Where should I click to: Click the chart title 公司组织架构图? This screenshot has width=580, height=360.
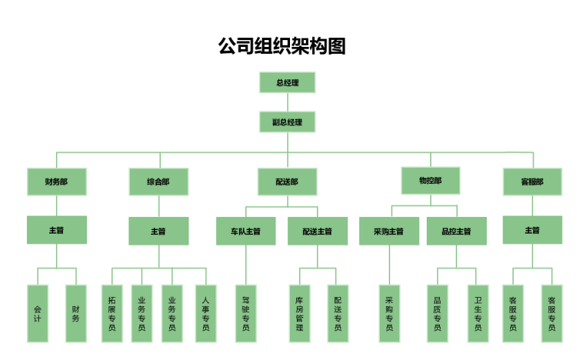point(282,46)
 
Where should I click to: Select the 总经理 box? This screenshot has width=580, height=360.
point(287,82)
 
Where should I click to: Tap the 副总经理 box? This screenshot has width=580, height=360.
point(287,122)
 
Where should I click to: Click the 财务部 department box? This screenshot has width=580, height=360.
point(57,182)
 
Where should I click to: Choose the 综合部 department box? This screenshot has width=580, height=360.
point(158,182)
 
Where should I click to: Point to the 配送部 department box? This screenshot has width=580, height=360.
point(287,182)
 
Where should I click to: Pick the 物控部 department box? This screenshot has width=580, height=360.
point(430,180)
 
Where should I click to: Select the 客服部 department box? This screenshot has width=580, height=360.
point(532,182)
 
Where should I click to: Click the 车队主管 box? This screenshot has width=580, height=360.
point(246,231)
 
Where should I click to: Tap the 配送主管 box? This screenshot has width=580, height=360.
point(318,231)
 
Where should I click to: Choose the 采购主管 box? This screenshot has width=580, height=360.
point(389,231)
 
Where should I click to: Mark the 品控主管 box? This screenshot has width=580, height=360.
point(456,231)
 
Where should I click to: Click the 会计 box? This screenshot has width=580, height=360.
point(37,313)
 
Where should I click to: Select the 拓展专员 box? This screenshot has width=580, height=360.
point(112,313)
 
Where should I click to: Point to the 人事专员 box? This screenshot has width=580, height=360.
point(205,313)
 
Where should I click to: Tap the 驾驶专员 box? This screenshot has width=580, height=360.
point(246,313)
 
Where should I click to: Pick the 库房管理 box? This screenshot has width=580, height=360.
point(299,313)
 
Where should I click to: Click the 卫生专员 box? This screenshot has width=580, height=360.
point(477,313)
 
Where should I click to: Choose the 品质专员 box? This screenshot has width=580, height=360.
point(437,313)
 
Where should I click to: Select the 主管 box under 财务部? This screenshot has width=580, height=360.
point(57,230)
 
